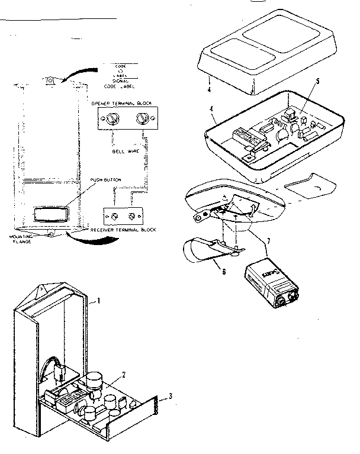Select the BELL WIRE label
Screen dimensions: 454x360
(x=125, y=152)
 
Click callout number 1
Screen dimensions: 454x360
(x=99, y=301)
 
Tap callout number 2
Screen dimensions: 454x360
(x=123, y=374)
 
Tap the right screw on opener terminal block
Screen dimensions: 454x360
(x=142, y=119)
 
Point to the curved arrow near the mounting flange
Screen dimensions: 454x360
(x=89, y=241)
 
